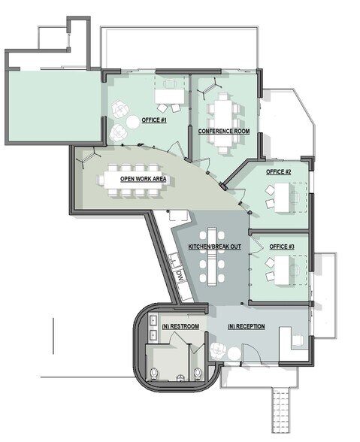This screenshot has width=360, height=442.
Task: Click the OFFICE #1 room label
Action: pos(153,120)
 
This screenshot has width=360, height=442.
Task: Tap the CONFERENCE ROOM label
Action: pos(224,132)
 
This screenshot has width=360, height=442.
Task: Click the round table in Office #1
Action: pos(132,120)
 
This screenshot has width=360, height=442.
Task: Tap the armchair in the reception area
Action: pos(218,350)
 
